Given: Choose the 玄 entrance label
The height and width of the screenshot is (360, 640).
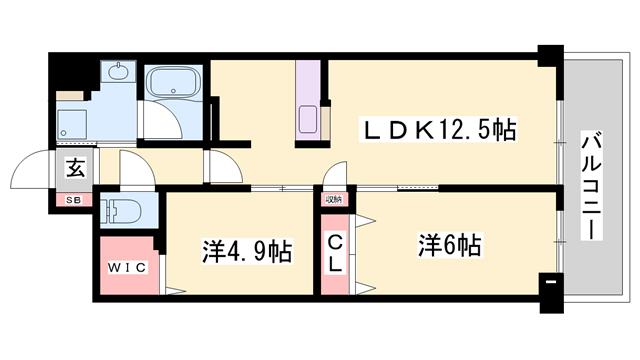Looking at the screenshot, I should (x=74, y=168).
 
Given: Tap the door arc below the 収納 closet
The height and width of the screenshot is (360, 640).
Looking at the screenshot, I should (x=337, y=176).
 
